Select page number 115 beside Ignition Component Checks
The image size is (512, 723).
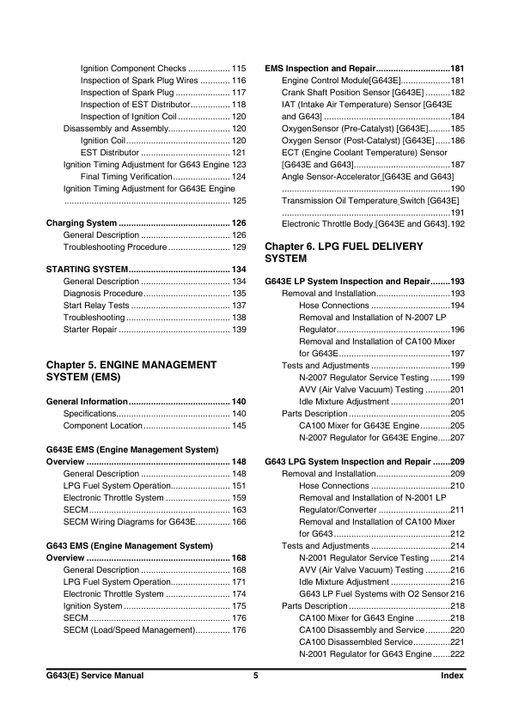click(x=240, y=68)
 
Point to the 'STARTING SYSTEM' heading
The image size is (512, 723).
click(x=87, y=270)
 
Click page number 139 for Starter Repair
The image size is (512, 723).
click(x=240, y=330)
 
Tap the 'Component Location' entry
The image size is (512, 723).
click(x=102, y=426)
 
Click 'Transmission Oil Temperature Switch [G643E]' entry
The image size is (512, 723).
click(x=370, y=200)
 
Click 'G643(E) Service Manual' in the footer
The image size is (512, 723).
click(x=94, y=677)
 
